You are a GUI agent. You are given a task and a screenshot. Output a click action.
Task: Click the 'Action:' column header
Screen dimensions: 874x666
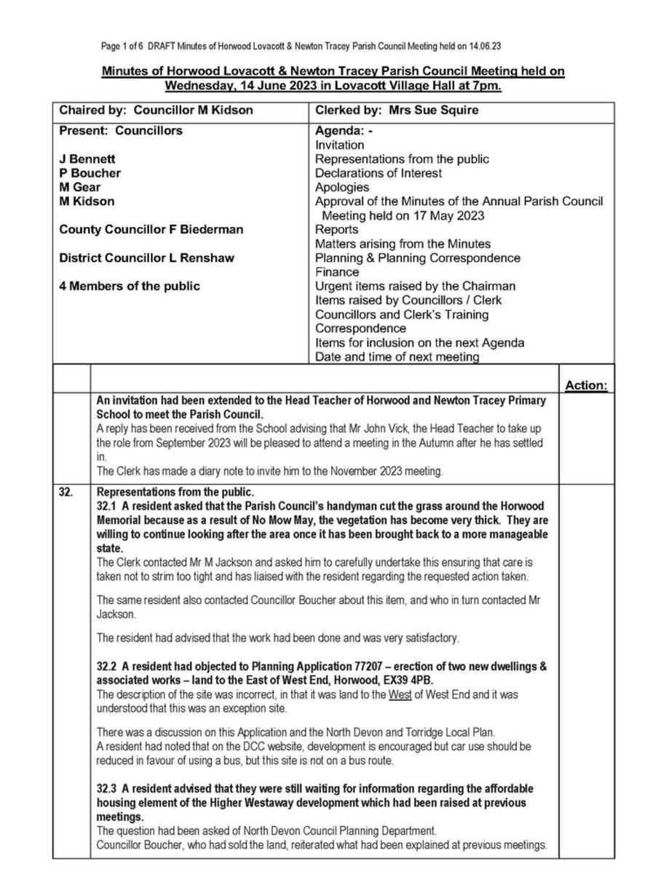[x=585, y=385]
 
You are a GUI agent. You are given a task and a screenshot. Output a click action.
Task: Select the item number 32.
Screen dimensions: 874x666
[x=66, y=492]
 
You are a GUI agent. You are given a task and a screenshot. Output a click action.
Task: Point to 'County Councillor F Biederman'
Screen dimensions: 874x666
[x=151, y=230]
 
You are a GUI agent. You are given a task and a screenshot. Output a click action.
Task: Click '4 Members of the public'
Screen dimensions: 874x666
[x=130, y=286]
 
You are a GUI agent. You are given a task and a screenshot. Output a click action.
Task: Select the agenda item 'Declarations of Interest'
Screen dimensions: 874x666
[x=378, y=173]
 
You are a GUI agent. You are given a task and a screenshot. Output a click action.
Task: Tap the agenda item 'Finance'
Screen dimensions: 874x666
[x=336, y=272]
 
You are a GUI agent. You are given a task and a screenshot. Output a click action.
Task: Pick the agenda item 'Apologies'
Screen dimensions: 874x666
[x=342, y=188]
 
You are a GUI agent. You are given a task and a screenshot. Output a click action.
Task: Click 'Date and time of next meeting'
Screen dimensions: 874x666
[x=397, y=357]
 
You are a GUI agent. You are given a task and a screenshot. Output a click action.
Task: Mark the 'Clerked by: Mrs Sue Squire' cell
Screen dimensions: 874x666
[x=397, y=111]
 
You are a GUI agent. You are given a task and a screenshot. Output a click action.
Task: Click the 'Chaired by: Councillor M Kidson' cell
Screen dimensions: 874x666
[x=156, y=111]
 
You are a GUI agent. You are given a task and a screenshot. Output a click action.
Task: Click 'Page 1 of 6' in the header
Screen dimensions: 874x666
[x=122, y=47]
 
